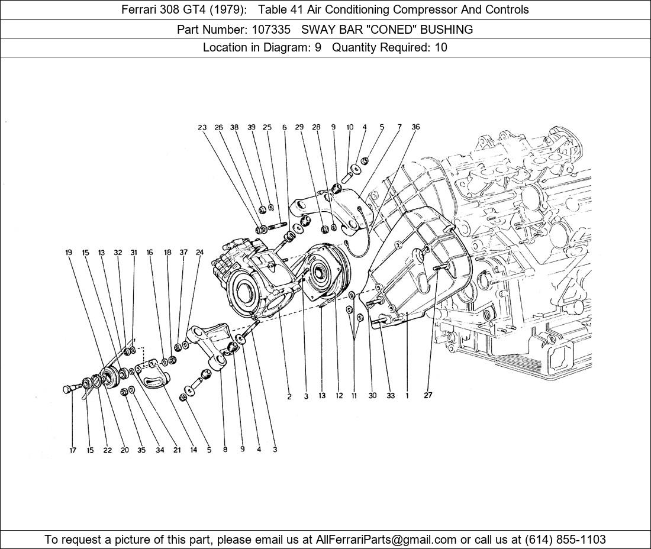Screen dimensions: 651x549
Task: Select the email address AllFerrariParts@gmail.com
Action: click(386, 540)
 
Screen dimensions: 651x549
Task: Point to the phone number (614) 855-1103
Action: click(565, 540)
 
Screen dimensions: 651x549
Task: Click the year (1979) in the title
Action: click(225, 9)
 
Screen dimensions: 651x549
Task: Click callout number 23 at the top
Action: click(202, 127)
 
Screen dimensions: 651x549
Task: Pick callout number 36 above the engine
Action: click(415, 127)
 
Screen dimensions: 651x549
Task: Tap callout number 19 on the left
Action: click(69, 252)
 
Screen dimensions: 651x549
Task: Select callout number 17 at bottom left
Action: click(73, 450)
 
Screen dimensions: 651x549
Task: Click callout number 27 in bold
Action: click(428, 395)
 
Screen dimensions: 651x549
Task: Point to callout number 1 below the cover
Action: click(407, 395)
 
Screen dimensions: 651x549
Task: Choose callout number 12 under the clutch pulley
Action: click(339, 395)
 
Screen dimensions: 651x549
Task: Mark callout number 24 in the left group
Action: click(199, 252)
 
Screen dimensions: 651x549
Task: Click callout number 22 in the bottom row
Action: click(108, 450)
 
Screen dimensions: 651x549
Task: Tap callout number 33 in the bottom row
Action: click(391, 395)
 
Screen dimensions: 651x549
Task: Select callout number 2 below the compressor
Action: click(289, 397)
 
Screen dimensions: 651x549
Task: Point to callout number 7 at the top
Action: click(399, 127)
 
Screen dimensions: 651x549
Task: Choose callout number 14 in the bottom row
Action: click(194, 450)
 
